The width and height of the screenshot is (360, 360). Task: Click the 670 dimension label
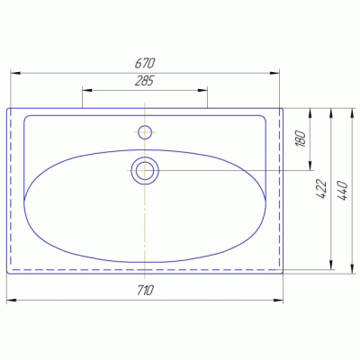pyautogui.click(x=145, y=63)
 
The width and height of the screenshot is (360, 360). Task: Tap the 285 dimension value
pyautogui.click(x=145, y=82)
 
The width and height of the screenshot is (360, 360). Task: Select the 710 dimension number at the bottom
pyautogui.click(x=145, y=291)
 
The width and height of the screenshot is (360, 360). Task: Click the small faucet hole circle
pyautogui.click(x=145, y=131)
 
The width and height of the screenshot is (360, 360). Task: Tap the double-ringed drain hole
pyautogui.click(x=145, y=169)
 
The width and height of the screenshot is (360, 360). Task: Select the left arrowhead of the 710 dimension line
pyautogui.click(x=10, y=299)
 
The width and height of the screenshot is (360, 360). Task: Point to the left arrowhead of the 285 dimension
pyautogui.click(x=85, y=90)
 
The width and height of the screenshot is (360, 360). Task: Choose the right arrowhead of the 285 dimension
pyautogui.click(x=204, y=90)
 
